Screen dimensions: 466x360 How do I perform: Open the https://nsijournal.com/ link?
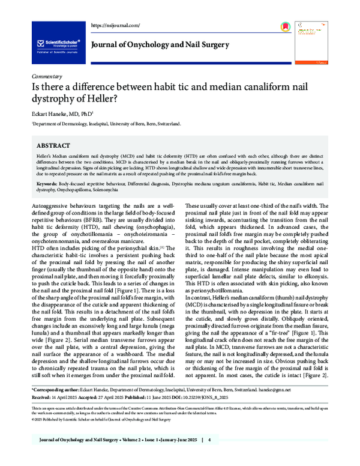point(115,25)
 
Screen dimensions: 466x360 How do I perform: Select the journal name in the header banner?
point(160,45)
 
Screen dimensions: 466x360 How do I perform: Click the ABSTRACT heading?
point(55,146)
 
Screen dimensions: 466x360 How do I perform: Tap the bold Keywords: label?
point(50,182)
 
